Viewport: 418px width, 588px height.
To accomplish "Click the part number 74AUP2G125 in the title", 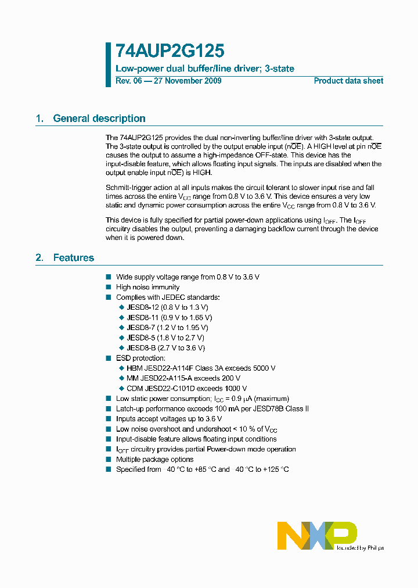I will [170, 52].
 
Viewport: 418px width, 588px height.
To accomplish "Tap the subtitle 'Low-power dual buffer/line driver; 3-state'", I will [205, 69].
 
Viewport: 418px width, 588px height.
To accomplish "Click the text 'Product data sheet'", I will [348, 81].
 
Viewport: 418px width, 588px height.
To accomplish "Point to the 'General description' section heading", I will [99, 119].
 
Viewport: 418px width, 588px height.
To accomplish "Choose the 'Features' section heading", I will [73, 257].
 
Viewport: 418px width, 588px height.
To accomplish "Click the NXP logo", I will [316, 535].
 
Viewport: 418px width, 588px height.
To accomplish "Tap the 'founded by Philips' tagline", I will [360, 548].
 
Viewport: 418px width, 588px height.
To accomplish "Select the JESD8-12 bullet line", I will [167, 307].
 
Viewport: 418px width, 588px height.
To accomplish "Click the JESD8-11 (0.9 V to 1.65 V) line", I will [169, 318].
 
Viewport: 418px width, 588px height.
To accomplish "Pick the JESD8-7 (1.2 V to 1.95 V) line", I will [167, 328].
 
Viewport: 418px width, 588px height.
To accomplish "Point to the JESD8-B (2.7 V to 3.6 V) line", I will [165, 348].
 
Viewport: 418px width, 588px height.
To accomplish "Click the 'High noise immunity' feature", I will [147, 287].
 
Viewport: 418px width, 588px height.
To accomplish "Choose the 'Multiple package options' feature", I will [154, 460].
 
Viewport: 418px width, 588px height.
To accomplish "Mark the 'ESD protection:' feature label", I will [140, 358].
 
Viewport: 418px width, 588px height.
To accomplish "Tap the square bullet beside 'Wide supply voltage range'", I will [108, 277].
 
